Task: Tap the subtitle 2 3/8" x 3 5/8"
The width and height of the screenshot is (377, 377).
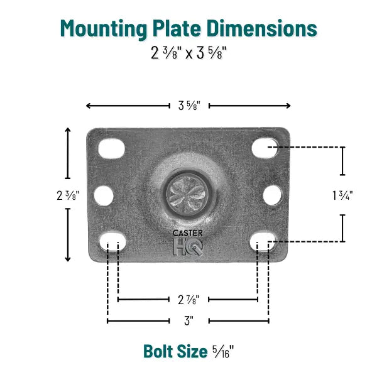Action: [x=188, y=53]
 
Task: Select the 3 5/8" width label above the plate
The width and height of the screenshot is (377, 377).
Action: [x=188, y=106]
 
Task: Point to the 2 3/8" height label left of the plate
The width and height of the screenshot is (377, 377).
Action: [x=68, y=195]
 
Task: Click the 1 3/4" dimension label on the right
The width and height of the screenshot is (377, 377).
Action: [x=342, y=195]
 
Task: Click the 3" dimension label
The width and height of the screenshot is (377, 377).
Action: [x=188, y=320]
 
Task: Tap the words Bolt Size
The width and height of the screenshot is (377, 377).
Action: [x=174, y=350]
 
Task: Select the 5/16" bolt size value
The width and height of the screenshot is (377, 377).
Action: [x=221, y=351]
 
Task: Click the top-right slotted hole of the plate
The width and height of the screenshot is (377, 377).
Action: [x=264, y=148]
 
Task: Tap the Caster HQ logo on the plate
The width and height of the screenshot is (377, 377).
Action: [x=188, y=242]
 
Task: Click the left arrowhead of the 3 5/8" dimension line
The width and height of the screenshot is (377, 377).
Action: [x=89, y=106]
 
